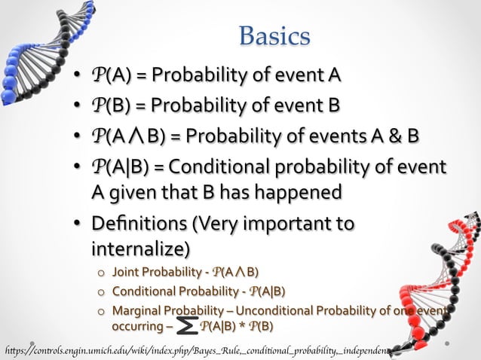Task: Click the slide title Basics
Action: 274,35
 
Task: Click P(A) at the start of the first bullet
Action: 107,75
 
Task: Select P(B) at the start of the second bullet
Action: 107,105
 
